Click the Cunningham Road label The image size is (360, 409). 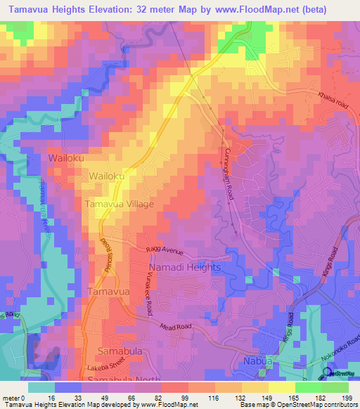(230, 176)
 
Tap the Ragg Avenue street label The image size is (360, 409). (165, 249)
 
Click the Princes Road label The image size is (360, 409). (106, 249)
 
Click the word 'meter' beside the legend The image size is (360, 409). (11, 397)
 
